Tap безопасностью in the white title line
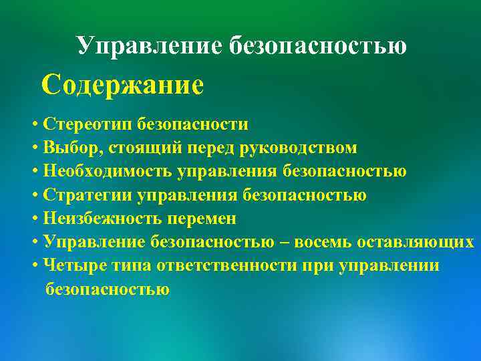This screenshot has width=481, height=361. pos(317,45)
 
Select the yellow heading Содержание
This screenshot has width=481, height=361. pos(122,86)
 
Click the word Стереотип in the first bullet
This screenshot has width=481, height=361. pos(87,124)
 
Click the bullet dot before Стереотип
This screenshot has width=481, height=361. pos(34,125)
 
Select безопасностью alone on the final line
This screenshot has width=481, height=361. pos(108,289)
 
